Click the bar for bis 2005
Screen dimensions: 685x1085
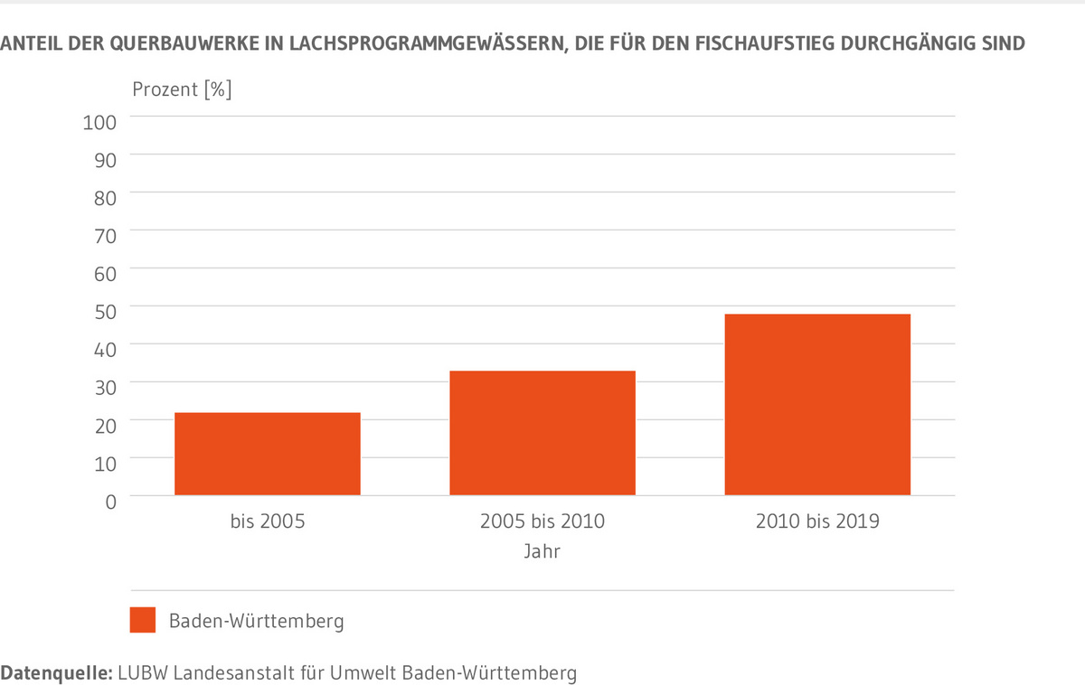click(x=268, y=454)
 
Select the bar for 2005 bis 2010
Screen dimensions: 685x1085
click(x=542, y=433)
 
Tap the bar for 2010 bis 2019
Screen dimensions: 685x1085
click(x=817, y=404)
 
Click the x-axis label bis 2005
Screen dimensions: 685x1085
click(x=268, y=521)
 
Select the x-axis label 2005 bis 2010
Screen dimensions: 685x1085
click(x=542, y=521)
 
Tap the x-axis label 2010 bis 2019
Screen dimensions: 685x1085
click(x=817, y=521)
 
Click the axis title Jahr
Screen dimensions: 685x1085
click(x=542, y=551)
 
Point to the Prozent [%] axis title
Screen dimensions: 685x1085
click(x=182, y=89)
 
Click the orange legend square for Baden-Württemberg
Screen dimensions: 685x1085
click(x=143, y=620)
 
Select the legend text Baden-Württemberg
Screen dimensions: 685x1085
click(x=256, y=622)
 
